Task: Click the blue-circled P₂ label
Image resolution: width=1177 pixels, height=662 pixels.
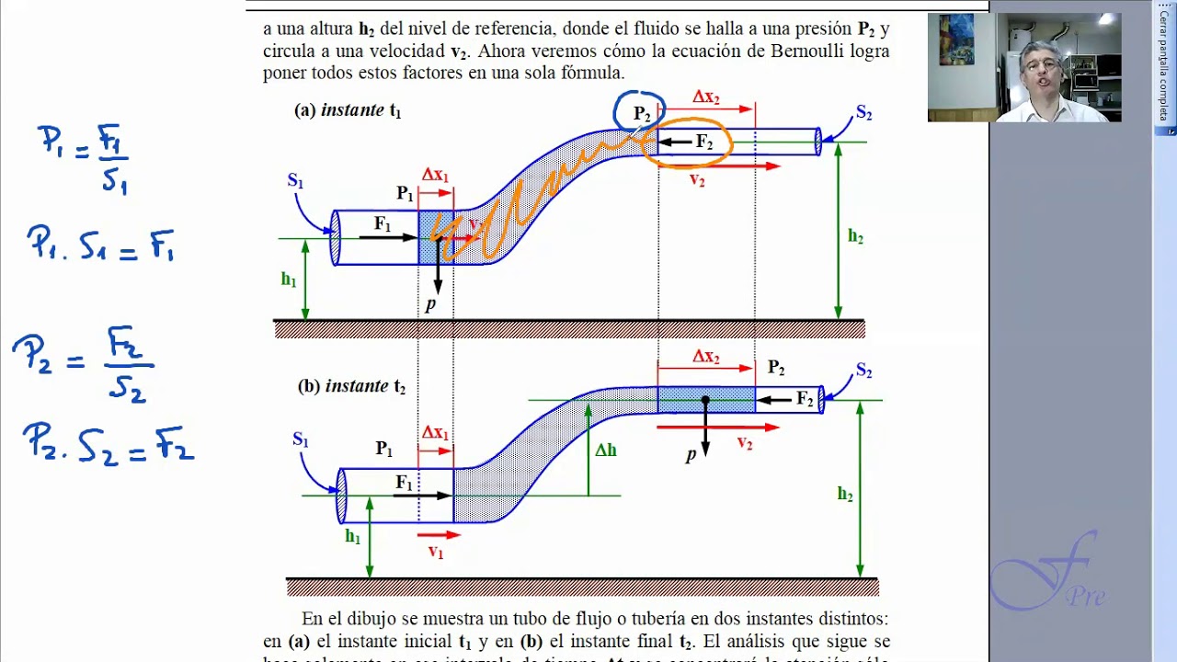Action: pos(642,115)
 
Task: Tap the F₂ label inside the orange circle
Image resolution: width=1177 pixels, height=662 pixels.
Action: pos(704,143)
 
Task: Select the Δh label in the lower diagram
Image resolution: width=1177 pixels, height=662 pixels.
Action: pos(606,451)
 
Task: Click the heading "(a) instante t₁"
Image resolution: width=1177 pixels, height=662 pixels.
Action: pos(348,111)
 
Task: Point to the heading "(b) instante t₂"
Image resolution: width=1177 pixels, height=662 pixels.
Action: pos(351,387)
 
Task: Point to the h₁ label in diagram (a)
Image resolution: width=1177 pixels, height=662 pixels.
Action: pos(289,280)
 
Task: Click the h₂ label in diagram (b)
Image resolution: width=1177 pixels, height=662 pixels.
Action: pos(845,495)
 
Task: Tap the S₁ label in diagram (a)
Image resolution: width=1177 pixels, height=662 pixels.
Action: pos(295,181)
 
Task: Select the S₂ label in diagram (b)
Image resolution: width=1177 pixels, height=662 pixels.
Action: pos(863,371)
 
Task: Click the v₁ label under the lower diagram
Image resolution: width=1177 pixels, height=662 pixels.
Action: pos(436,552)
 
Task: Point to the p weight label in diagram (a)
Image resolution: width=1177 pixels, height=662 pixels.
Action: pos(429,305)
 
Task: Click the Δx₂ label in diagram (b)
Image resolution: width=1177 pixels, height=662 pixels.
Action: pos(706,357)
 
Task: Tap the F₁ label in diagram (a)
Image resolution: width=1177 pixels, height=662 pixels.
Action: pos(383,223)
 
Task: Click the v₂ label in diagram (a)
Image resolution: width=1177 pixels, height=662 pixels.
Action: pos(697,181)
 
